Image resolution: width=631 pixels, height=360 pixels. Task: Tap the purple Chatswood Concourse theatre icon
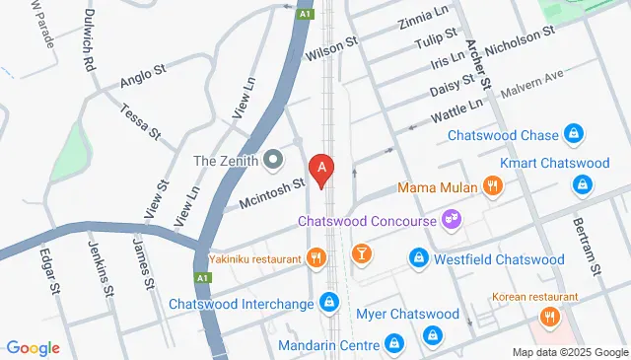click(x=452, y=220)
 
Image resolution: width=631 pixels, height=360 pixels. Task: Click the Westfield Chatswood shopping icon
click(x=418, y=259)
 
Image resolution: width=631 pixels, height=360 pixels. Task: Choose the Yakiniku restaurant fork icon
click(x=315, y=259)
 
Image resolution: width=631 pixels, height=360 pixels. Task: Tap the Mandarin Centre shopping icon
click(x=393, y=344)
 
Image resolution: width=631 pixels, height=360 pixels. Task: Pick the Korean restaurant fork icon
click(x=550, y=318)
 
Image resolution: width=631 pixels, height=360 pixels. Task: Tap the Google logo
click(x=32, y=347)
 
